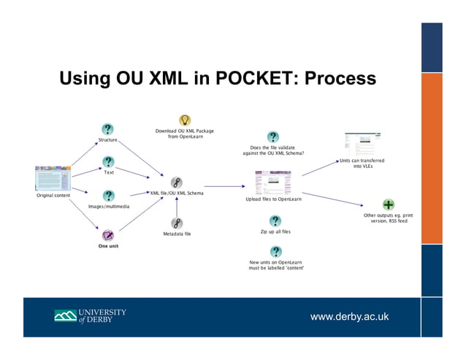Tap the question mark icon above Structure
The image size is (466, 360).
coord(107,129)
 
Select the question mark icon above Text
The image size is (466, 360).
coord(108,162)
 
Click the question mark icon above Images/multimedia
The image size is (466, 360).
coord(108,196)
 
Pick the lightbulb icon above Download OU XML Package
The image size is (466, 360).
coord(185,120)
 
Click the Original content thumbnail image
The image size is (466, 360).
coord(53,178)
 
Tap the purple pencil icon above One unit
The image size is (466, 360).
coord(108,235)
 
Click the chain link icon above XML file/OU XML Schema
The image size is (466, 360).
coord(176,183)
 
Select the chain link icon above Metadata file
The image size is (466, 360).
coord(176,223)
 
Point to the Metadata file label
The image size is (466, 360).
coord(176,234)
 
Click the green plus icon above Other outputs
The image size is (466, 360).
coord(389,204)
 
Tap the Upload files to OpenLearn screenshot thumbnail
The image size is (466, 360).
coord(272,182)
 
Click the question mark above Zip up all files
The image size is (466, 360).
coord(275,221)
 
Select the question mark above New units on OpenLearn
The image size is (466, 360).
coord(276,251)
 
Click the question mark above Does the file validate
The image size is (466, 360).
coord(272,137)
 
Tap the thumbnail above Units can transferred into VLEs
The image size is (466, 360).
coord(362,144)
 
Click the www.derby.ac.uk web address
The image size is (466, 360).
coord(351,316)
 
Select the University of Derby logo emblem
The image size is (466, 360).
coord(65,316)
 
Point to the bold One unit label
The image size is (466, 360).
coord(108,246)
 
